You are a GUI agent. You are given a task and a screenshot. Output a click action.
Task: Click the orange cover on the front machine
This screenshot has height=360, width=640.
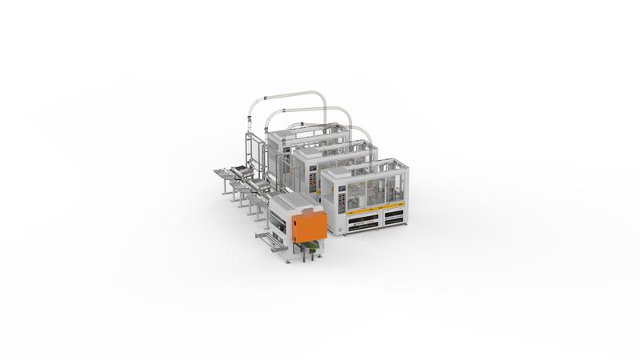(306, 225)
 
